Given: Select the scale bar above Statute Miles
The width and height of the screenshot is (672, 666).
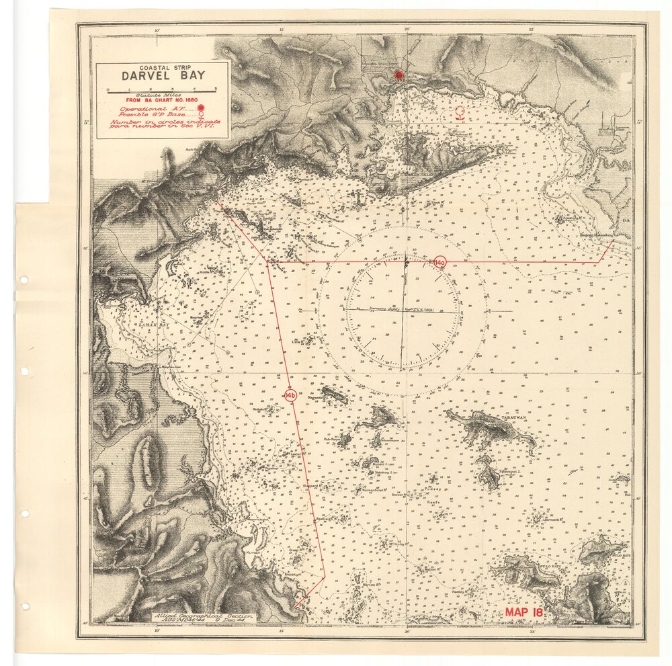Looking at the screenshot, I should [161, 89].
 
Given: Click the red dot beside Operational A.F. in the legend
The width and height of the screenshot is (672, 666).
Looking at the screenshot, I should [200, 108].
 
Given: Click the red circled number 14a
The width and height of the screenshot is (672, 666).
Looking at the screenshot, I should [439, 262].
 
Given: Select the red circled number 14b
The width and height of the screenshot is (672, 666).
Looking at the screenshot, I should [291, 394].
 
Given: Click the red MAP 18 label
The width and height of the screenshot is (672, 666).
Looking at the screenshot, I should [524, 612].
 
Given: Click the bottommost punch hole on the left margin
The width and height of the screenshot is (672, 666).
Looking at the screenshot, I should [25, 606].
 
